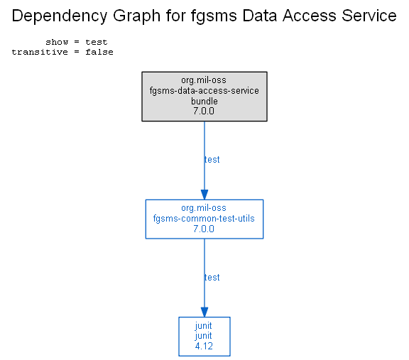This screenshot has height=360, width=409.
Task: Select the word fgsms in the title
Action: click(214, 16)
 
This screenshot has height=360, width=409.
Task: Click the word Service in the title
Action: click(369, 16)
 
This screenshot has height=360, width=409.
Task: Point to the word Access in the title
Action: click(310, 16)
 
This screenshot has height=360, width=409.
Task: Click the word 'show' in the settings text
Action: click(57, 42)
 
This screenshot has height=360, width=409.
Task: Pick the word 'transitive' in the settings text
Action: click(40, 52)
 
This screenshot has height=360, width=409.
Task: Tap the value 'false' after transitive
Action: click(99, 52)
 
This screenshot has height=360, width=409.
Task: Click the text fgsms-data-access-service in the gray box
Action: click(204, 91)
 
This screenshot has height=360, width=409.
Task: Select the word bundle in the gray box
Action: click(204, 101)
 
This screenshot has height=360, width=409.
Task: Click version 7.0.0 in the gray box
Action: click(204, 111)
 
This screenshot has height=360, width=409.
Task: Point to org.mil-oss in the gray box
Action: click(204, 80)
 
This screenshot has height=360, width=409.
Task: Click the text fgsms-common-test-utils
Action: click(204, 219)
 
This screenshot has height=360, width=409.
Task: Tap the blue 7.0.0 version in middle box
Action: click(204, 229)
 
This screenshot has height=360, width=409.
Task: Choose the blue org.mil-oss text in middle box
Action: click(204, 208)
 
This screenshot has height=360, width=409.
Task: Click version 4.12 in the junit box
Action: click(204, 347)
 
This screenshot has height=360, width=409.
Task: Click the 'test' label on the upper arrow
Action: click(212, 159)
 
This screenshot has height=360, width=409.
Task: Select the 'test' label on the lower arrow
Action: click(212, 278)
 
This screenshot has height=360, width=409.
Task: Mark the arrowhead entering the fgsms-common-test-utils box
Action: click(204, 195)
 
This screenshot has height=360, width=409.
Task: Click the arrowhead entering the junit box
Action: click(204, 312)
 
